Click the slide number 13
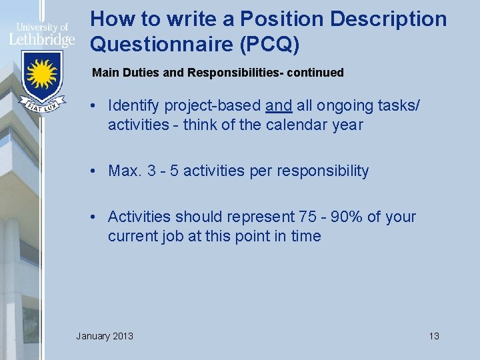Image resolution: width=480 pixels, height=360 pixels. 434,335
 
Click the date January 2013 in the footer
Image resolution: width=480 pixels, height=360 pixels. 105,335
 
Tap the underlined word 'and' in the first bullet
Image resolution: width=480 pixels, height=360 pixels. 279,105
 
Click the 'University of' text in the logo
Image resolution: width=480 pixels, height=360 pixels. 41,27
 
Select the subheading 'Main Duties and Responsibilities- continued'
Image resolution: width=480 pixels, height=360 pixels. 218,72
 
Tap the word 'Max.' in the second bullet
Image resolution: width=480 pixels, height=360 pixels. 123,171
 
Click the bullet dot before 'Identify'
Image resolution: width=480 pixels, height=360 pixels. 97,105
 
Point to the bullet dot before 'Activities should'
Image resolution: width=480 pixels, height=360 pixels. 97,217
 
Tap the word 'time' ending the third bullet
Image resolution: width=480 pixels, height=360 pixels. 306,236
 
